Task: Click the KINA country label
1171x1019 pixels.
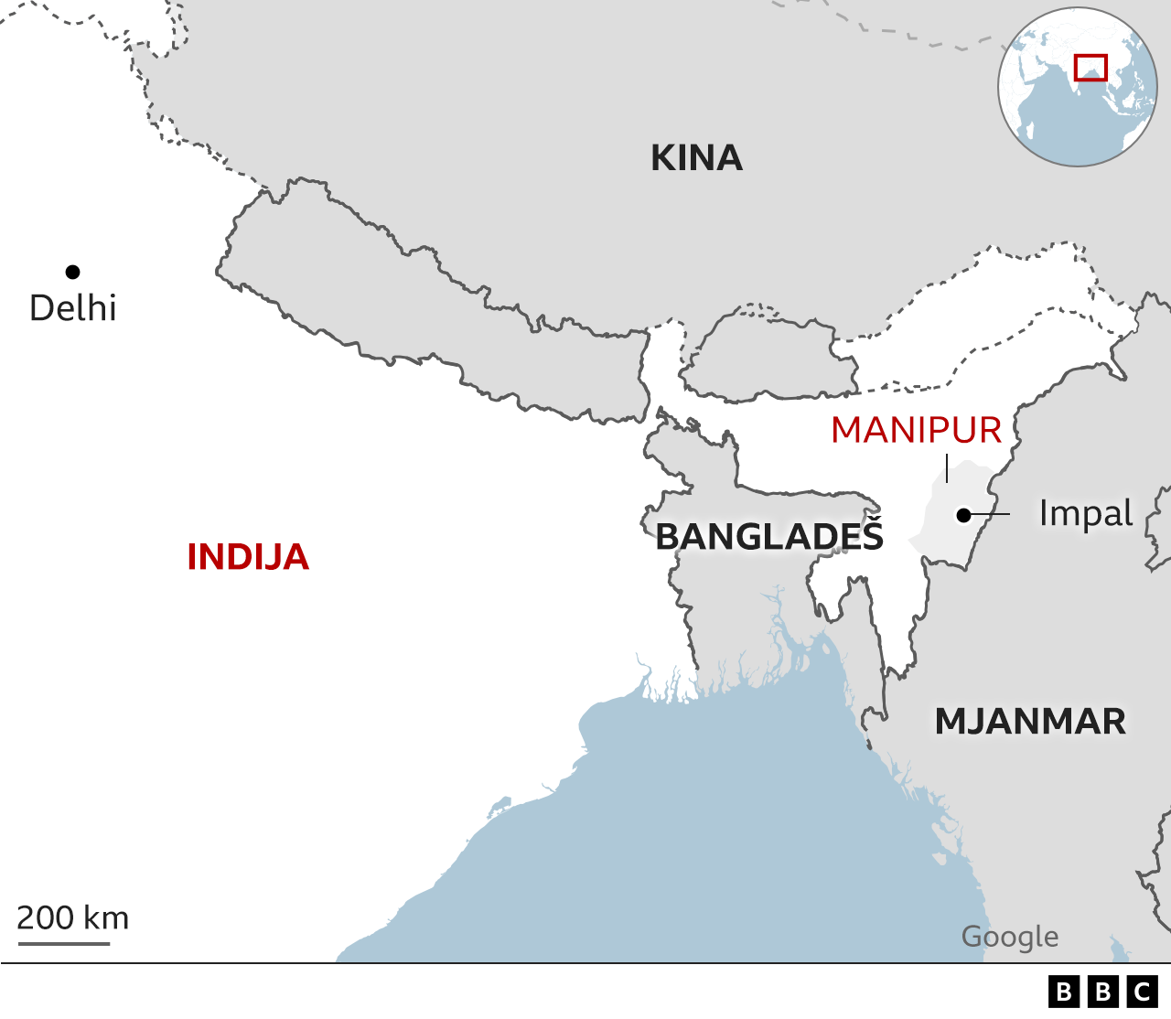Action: pos(696,158)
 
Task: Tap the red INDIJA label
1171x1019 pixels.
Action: pos(248,557)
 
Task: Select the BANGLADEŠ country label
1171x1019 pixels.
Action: pos(769,537)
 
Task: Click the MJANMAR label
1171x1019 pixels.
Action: pos(1030,722)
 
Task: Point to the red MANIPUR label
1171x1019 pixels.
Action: pos(916,430)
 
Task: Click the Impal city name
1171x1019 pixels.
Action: pos(1086,513)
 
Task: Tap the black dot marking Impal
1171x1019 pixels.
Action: pos(963,516)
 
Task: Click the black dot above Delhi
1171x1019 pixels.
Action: pos(72,272)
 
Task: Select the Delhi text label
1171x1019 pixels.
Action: pos(73,308)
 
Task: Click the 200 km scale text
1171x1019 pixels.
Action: pos(73,917)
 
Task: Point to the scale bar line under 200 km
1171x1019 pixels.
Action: pos(63,941)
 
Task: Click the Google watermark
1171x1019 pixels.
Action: pos(1010,937)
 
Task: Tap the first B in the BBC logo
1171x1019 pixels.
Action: pos(1064,992)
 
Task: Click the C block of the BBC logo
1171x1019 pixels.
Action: pos(1143,992)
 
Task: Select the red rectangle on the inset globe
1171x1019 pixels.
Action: pos(1090,68)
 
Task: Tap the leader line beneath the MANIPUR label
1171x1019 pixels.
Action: pos(947,467)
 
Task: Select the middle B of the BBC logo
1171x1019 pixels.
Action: pos(1103,992)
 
